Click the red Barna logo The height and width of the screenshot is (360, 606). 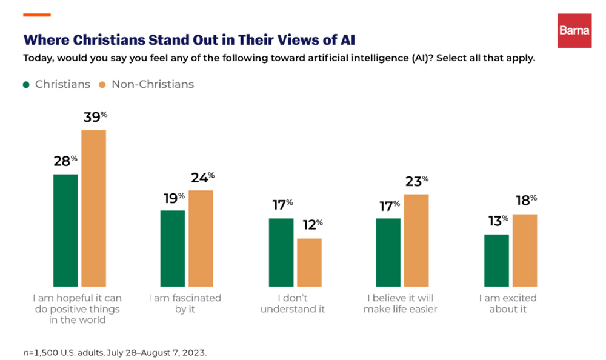[574, 30]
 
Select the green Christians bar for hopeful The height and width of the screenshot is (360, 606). [65, 230]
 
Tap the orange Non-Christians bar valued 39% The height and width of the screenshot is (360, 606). [94, 208]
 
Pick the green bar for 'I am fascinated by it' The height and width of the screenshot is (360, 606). [173, 248]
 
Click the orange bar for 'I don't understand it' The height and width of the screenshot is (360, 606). [309, 262]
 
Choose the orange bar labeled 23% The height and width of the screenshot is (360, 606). [416, 240]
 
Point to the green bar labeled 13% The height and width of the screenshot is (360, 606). [496, 260]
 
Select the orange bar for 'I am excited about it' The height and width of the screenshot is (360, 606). [525, 250]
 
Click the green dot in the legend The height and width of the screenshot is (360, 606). [27, 85]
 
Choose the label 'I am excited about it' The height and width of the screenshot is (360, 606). [508, 304]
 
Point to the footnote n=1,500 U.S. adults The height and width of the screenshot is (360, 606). [115, 352]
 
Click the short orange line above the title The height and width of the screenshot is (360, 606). [36, 15]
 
